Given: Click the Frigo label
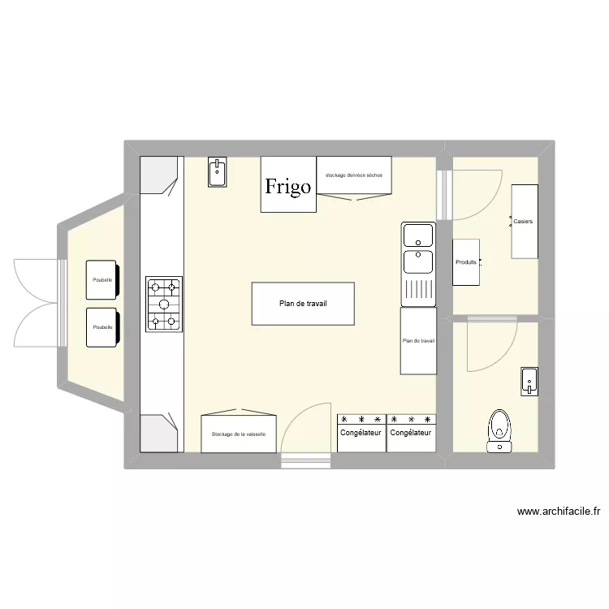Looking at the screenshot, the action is (x=287, y=186).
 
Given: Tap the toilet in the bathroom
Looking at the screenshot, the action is (x=499, y=431).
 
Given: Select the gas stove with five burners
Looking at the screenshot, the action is (x=164, y=304).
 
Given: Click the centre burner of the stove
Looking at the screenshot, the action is (x=164, y=304).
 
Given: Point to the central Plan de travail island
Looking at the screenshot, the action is (x=303, y=304).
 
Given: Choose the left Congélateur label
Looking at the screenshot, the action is (x=361, y=433).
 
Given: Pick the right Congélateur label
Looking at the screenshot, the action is (x=411, y=433).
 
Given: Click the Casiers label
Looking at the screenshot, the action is (x=523, y=222).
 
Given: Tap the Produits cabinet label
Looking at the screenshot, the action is (x=466, y=262).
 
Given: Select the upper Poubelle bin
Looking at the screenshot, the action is (x=102, y=280).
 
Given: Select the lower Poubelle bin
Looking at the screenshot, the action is (x=102, y=327).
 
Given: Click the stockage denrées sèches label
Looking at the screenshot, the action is (x=354, y=175).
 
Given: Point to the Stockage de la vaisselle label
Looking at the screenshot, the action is (x=239, y=434).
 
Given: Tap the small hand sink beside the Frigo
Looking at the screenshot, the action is (x=217, y=172).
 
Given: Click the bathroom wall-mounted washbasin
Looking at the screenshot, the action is (x=529, y=382).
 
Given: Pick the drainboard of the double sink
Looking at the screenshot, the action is (x=418, y=290).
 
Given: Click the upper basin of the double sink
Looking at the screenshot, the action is (x=418, y=235).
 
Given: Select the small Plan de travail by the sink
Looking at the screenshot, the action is (x=418, y=341).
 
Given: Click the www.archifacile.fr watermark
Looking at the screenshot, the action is (x=559, y=512).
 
